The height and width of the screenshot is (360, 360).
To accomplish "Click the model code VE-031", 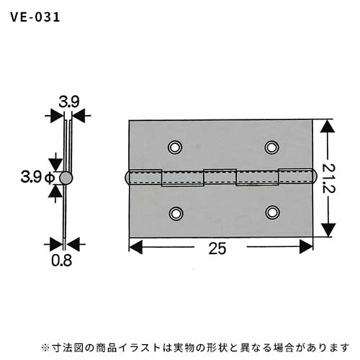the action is tap(35, 17).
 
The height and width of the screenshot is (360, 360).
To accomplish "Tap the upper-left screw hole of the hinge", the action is tap(175, 147).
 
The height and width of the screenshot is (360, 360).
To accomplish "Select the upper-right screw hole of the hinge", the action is tap(271, 147).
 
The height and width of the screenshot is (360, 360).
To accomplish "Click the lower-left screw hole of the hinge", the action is tap(176, 213).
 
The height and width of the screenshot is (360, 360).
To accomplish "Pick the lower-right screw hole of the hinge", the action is tap(272, 212).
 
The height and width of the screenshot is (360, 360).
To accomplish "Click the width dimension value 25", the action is tap(217, 248).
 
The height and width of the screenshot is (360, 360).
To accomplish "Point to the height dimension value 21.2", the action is tap(328, 178).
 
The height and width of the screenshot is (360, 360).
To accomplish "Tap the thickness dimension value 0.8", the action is tap(61, 261).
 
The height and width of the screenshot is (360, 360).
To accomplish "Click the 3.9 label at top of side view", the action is tap(69, 102).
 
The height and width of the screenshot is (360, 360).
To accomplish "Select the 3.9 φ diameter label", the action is tap(37, 177).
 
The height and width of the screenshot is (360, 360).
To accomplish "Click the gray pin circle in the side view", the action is tap(66, 178).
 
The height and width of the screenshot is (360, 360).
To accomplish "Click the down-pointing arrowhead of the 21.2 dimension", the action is tap(328, 230).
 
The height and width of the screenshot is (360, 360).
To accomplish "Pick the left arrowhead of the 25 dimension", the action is tap(136, 247).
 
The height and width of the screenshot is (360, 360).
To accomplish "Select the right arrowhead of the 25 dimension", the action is tap(307, 246).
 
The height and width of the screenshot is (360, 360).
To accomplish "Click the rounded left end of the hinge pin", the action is tap(127, 178).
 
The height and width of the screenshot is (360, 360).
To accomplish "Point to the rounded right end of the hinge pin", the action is tap(315, 176).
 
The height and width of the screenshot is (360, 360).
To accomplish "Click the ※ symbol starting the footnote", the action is tap(45, 347).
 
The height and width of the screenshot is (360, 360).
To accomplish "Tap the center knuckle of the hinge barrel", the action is tap(220, 176).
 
